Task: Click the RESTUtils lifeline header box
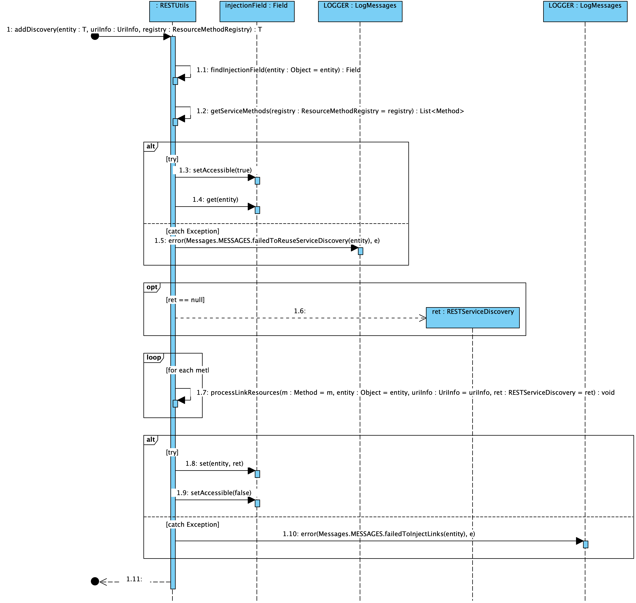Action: [x=173, y=11]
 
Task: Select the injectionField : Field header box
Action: [x=257, y=11]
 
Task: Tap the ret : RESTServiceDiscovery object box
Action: [x=472, y=317]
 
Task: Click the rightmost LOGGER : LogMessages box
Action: [x=585, y=11]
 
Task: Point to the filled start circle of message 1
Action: [x=95, y=36]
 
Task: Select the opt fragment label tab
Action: [x=152, y=287]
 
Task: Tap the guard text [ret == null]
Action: [x=185, y=300]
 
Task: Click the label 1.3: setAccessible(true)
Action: [x=215, y=170]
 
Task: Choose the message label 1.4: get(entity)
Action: [x=215, y=200]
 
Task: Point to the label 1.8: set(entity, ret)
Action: [x=214, y=464]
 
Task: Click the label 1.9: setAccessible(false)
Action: [x=214, y=493]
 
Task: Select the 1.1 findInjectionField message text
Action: [x=278, y=70]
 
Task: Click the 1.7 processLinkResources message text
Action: [x=405, y=392]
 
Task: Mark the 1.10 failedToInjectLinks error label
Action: [x=379, y=534]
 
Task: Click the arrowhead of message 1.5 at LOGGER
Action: [x=354, y=248]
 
